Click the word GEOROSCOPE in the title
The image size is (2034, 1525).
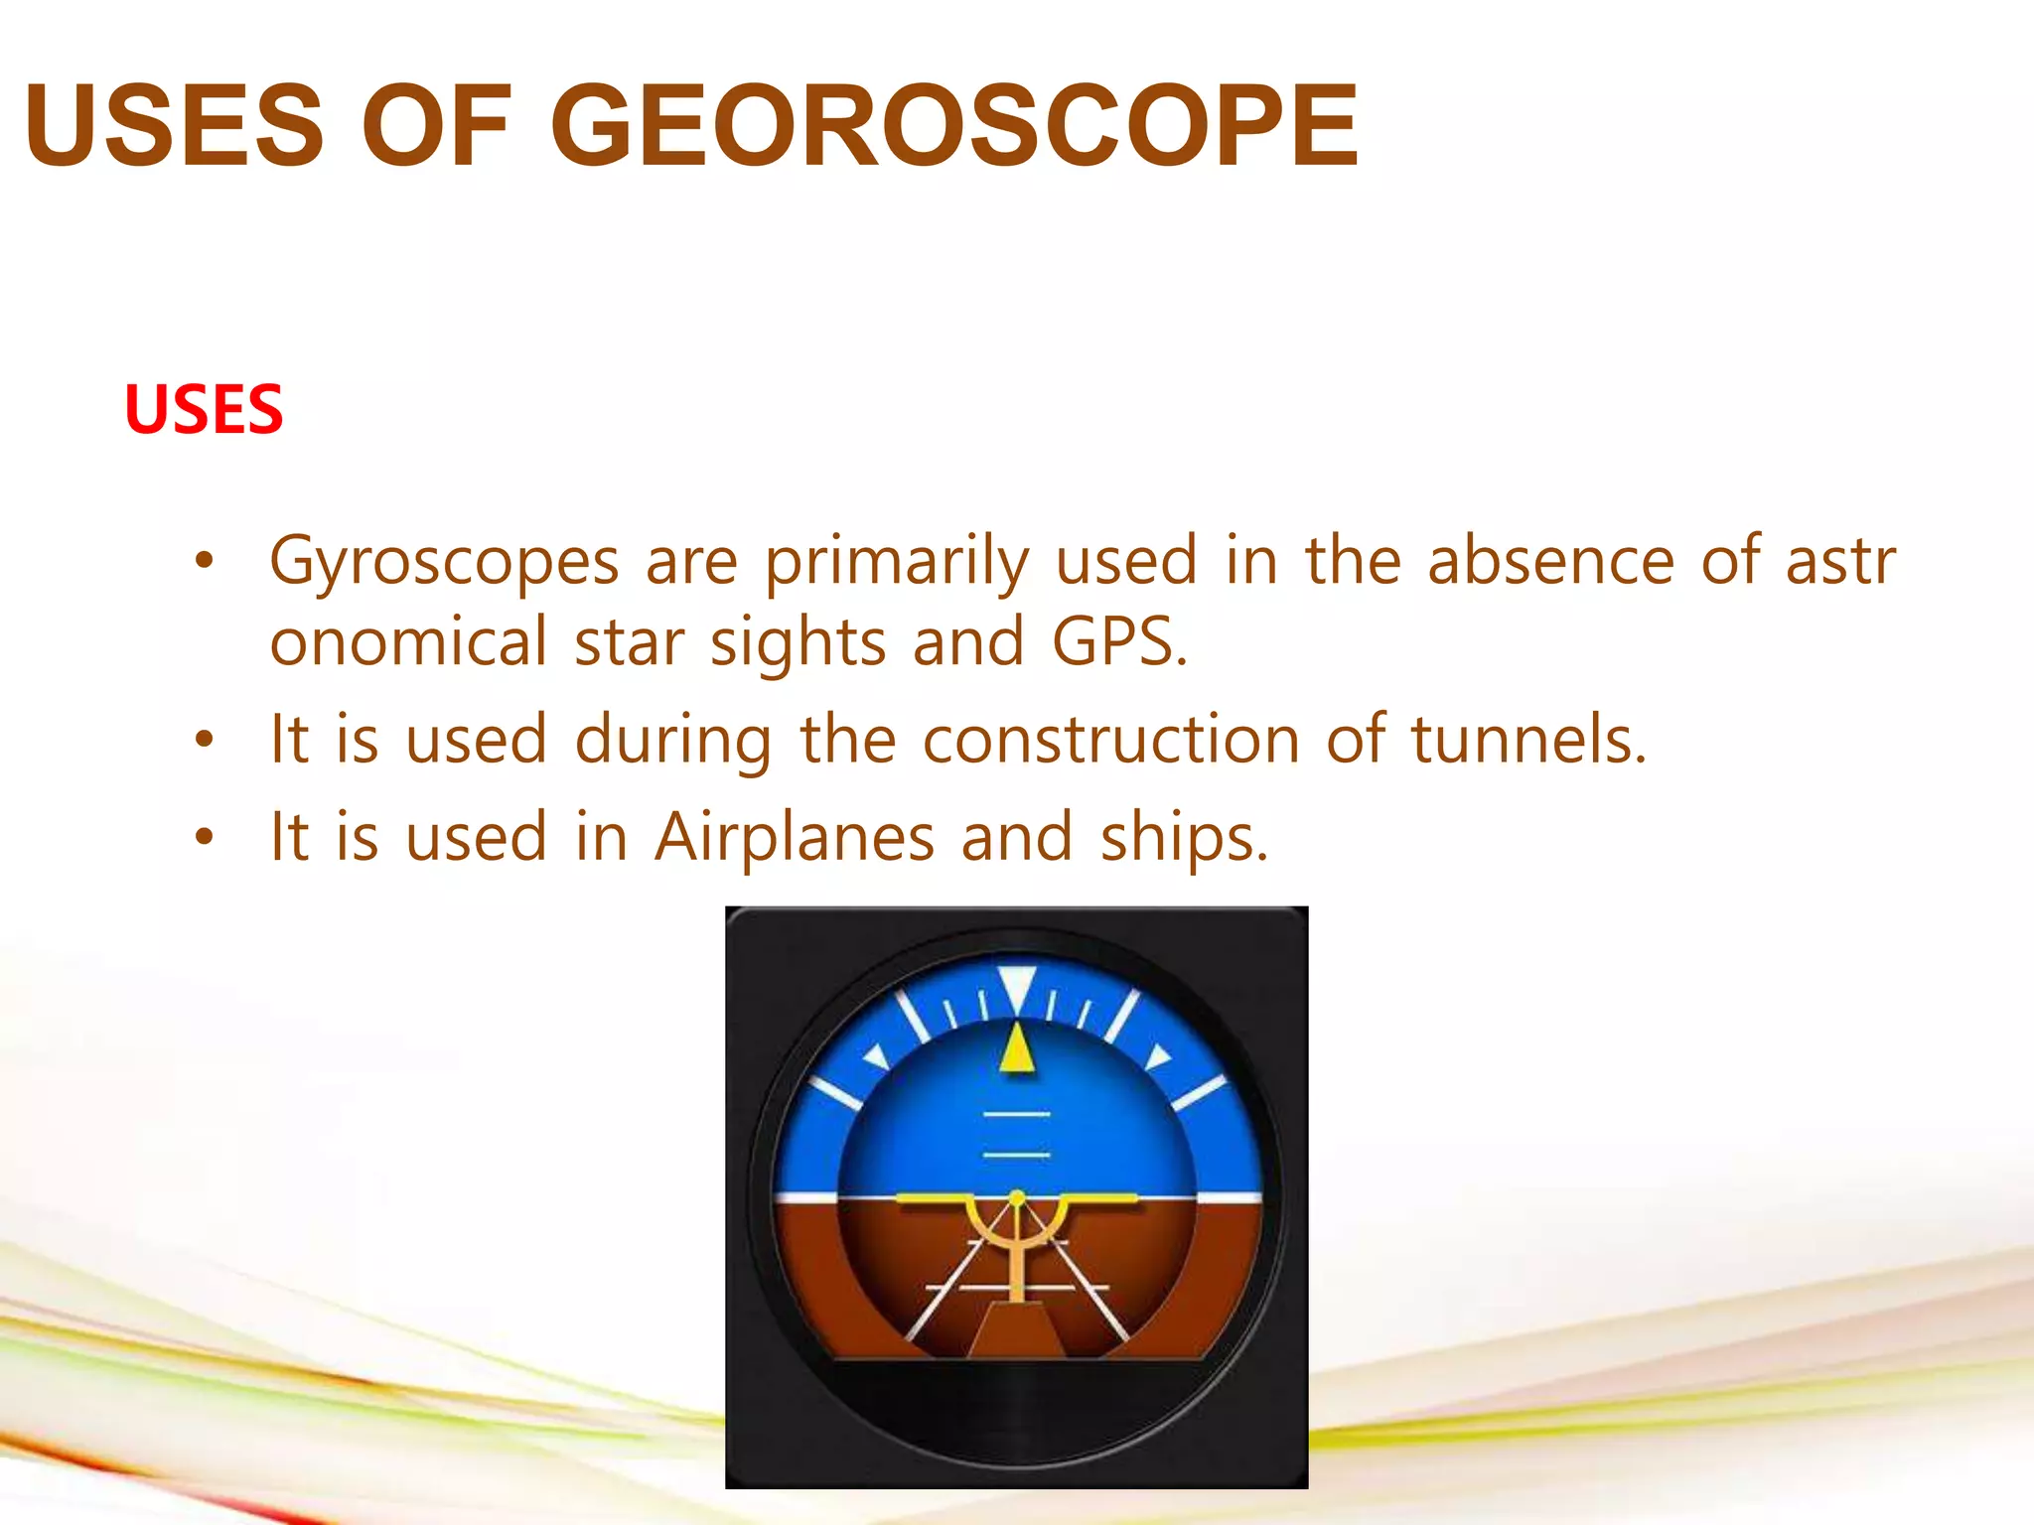point(953,126)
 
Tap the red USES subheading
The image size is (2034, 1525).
point(204,409)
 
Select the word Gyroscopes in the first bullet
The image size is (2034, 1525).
point(445,562)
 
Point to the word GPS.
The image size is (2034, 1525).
point(1118,642)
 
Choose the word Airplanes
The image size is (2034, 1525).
point(795,837)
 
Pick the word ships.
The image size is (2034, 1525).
point(1184,837)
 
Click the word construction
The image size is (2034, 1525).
point(1110,740)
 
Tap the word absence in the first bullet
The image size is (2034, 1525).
point(1551,561)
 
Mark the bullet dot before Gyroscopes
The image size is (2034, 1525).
point(205,562)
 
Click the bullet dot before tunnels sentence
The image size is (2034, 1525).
point(205,740)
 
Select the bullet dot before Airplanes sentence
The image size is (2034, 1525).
point(205,837)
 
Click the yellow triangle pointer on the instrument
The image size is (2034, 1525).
point(1017,1050)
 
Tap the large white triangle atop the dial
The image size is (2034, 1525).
point(1017,987)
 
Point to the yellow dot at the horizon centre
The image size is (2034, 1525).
point(1017,1198)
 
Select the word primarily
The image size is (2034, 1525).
point(897,562)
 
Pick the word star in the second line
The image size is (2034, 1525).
point(630,642)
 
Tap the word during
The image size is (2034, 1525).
point(673,740)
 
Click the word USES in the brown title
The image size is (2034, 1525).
point(175,126)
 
